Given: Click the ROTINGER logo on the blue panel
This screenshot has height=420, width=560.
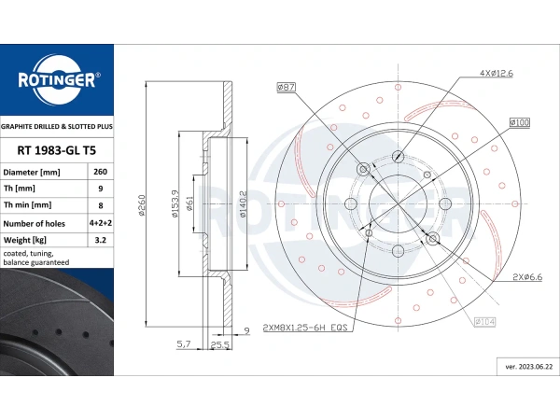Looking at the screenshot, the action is tap(57, 79).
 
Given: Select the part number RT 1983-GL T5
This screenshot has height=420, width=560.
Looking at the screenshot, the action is tap(56, 150).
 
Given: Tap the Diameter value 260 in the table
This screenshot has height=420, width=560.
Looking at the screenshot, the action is tap(101, 172).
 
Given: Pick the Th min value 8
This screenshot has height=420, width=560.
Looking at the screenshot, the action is tap(101, 205).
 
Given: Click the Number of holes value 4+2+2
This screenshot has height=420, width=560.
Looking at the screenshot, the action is tap(101, 223).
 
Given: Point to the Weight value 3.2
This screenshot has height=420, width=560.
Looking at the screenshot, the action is tap(101, 240).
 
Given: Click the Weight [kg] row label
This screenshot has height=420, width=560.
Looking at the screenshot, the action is tap(24, 240).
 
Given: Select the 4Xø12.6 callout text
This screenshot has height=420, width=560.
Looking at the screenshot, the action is tap(497, 73).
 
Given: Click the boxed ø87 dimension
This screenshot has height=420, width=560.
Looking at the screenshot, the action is tap(287, 87).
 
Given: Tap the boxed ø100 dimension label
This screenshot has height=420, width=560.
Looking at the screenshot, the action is tap(520, 123).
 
